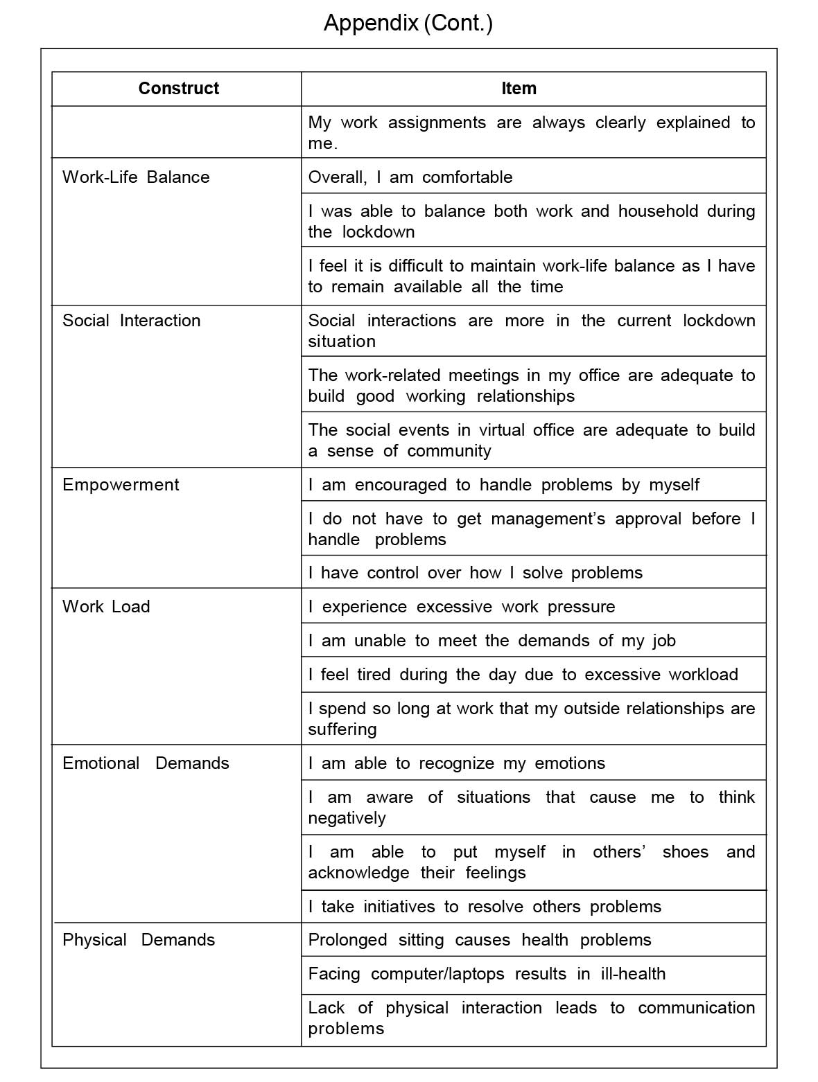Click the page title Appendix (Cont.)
click(408, 23)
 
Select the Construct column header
click(178, 88)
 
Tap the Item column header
click(519, 88)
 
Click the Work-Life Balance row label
click(136, 177)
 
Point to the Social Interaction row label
click(132, 320)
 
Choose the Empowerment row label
click(121, 484)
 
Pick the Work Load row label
click(106, 606)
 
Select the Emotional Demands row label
click(146, 763)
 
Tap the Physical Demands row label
click(139, 939)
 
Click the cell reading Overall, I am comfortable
click(410, 177)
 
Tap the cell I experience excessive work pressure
click(462, 606)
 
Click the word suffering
click(342, 729)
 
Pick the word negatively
click(347, 818)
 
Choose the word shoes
click(685, 852)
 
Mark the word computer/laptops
click(437, 973)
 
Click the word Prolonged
click(347, 939)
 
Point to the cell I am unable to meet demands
click(491, 640)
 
